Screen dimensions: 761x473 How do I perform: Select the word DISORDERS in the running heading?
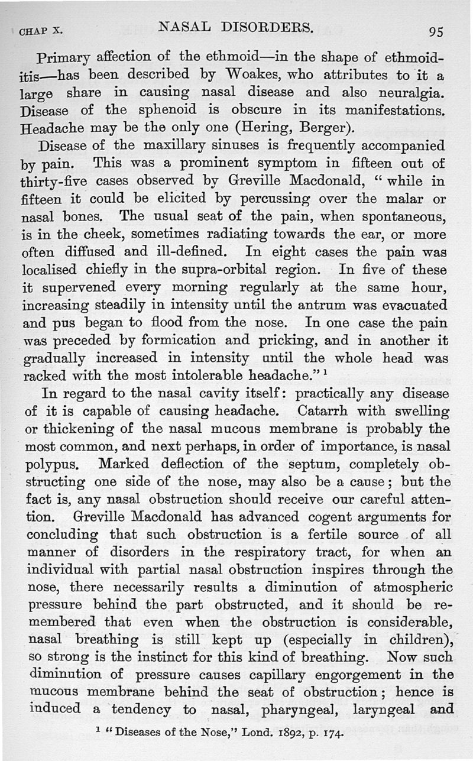point(266,26)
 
